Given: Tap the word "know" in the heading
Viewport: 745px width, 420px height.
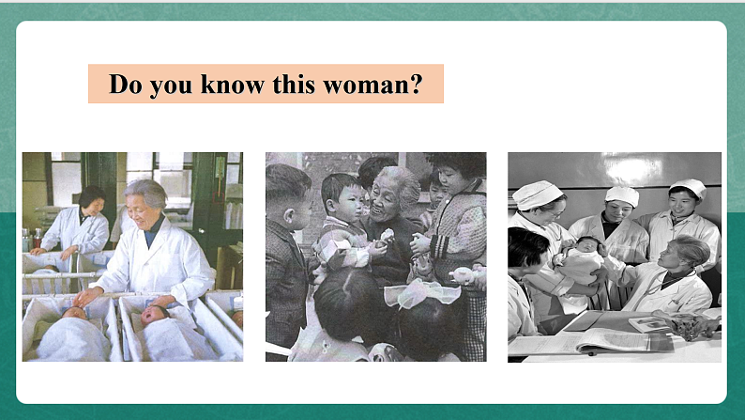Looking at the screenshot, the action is (x=233, y=85).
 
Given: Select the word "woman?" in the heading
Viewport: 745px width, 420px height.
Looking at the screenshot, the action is (x=373, y=85).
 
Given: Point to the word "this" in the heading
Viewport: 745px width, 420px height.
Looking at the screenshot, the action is (x=294, y=85).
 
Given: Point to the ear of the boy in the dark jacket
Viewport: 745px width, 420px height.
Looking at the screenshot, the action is (x=287, y=218).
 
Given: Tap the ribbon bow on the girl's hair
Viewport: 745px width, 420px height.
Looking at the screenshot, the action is (x=415, y=292).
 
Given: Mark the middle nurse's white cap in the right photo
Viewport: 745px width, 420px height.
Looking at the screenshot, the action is (x=622, y=195).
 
